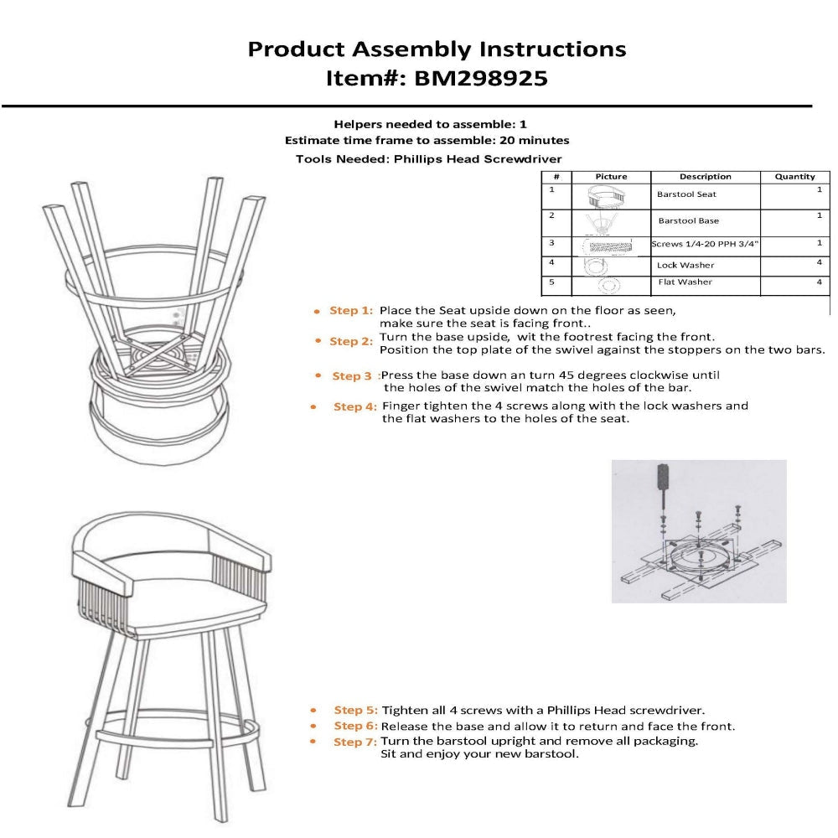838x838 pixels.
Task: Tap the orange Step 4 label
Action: [354, 407]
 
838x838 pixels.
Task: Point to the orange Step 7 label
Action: [355, 742]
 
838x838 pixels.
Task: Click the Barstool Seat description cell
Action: [687, 194]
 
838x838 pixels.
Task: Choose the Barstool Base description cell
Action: [689, 220]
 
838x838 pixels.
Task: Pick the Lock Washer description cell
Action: [685, 265]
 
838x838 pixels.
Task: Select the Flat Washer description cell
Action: [685, 282]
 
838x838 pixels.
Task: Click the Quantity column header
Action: [794, 177]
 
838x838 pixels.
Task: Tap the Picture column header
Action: [611, 177]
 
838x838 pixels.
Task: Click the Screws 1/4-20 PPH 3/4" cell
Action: [706, 244]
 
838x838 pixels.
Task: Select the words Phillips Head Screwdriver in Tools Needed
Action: [478, 158]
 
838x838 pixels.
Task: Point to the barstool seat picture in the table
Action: [609, 196]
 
